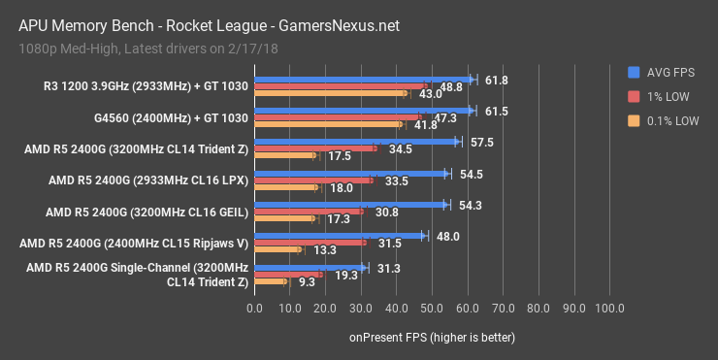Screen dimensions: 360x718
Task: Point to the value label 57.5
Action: (x=482, y=142)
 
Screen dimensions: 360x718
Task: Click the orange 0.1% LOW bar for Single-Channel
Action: (x=270, y=281)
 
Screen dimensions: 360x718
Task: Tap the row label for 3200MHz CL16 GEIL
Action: (x=147, y=211)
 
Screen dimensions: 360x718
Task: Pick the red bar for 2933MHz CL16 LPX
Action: (x=312, y=180)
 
